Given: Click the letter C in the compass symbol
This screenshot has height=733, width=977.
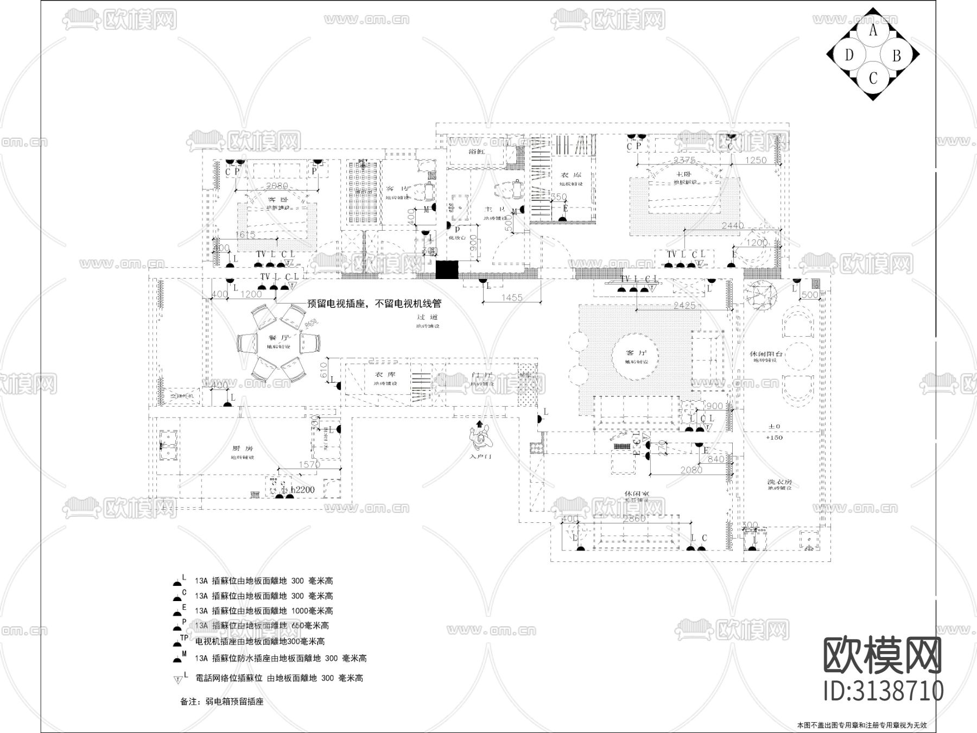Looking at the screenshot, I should coord(873,78).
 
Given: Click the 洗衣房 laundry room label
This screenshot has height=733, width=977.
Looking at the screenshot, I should coord(779,482).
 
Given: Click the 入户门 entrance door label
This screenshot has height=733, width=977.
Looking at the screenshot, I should coord(480,457).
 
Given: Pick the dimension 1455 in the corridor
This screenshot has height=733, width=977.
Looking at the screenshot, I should coord(512,298).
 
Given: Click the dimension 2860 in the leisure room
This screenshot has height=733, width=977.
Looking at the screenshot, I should coord(633,519).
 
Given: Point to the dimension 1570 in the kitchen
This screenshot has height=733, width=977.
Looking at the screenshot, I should coord(309,465).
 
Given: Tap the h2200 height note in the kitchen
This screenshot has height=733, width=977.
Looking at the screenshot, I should coord(302,490).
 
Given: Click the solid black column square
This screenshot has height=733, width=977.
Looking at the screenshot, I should coord(448,270).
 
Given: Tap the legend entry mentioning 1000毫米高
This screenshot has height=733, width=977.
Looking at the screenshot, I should coord(264,611).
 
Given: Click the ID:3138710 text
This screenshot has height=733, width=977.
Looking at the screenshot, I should coord(883,691).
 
